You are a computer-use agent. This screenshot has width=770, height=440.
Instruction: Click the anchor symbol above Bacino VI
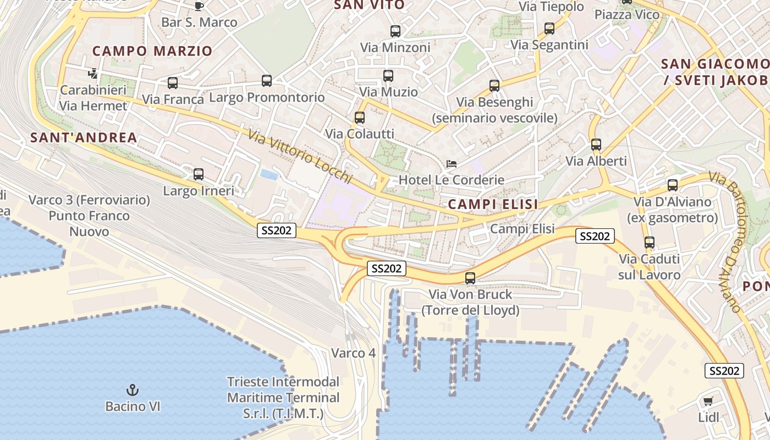coord(132,390)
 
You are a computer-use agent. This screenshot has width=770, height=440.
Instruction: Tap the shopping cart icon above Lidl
coord(708,400)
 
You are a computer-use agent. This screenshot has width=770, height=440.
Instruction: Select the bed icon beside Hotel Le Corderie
coord(451,164)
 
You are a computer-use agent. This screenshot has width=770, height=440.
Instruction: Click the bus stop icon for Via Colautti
coord(359,117)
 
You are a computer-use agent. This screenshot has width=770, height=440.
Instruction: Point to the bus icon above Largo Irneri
coord(199,174)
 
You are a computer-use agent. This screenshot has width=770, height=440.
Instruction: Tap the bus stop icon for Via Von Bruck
coord(470,278)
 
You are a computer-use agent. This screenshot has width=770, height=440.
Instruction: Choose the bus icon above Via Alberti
coord(596,145)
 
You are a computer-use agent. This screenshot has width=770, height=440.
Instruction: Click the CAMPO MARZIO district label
coord(152,51)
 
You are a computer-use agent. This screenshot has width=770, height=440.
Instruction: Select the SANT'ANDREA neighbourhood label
coord(84,137)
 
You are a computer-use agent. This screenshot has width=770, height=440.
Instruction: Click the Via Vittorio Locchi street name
coord(299,156)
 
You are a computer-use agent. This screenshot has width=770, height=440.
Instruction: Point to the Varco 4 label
coord(353,353)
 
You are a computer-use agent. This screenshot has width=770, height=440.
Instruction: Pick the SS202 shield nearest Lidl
coord(724,371)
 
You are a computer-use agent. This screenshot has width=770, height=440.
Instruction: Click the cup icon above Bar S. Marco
coord(199,6)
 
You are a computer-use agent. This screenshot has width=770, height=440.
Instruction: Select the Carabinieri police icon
coord(93,73)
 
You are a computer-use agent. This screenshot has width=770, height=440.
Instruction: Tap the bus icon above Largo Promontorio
coord(267,81)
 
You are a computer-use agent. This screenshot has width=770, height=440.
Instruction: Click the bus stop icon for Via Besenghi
coord(494,86)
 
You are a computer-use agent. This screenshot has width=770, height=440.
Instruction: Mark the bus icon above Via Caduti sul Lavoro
coord(649,242)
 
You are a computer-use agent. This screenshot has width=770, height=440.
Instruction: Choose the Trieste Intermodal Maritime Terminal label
coord(283,397)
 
